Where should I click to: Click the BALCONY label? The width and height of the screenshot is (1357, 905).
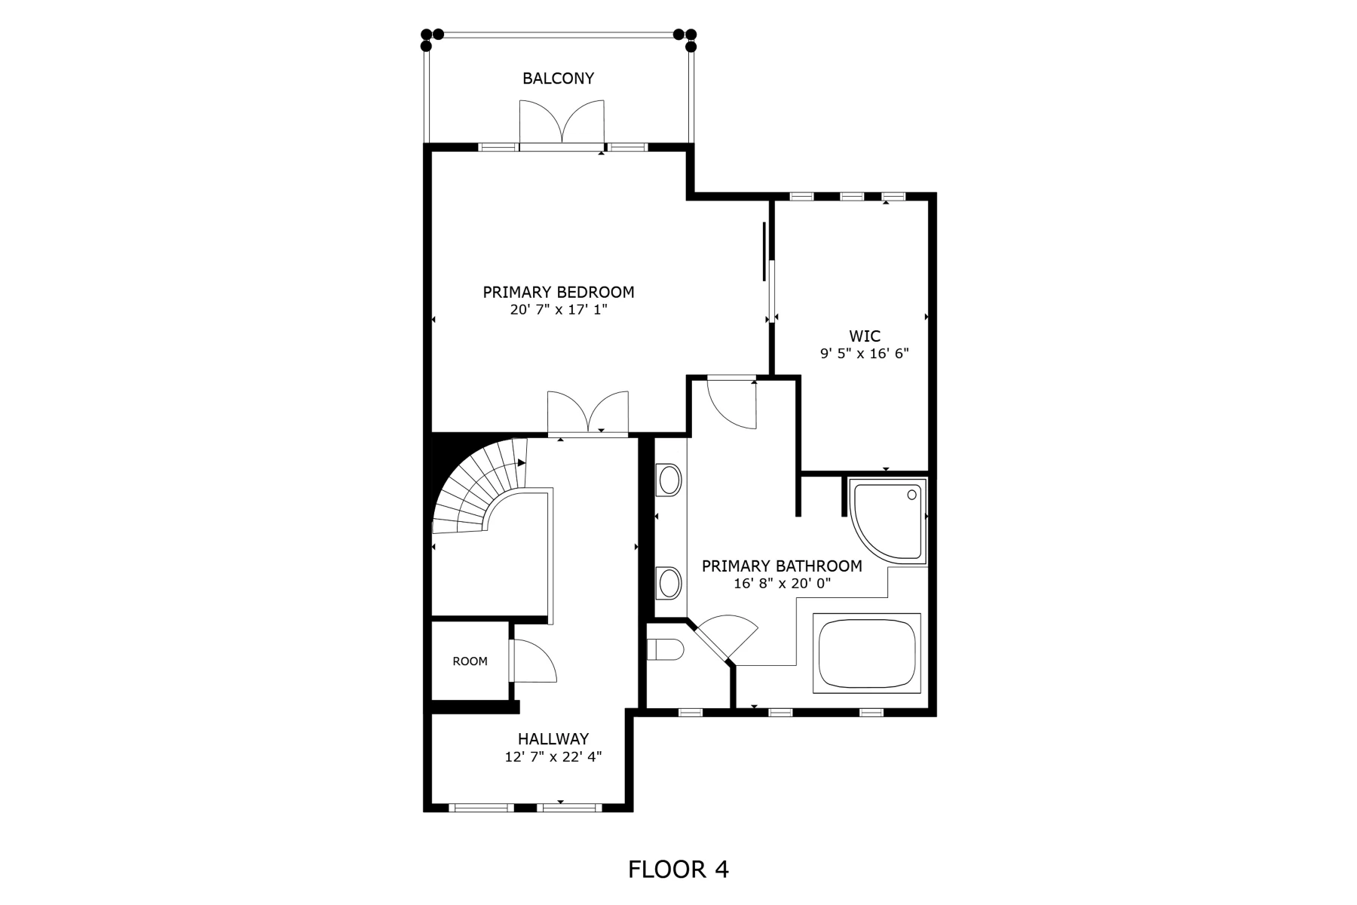coord(558,78)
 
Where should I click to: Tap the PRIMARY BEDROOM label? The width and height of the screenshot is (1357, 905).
coord(558,292)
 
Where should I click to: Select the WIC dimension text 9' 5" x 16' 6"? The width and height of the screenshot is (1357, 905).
coord(864,352)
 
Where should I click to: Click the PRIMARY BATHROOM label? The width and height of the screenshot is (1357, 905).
coord(782,566)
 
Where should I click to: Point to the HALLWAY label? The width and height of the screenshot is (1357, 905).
coord(553,739)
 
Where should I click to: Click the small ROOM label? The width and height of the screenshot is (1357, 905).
coord(470,661)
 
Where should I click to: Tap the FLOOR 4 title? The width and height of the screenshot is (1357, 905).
coord(678,870)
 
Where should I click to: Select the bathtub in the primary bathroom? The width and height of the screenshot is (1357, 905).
coord(867,653)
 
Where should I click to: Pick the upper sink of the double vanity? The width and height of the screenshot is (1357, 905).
coord(669,480)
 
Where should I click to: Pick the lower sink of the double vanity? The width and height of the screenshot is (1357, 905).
coord(669,583)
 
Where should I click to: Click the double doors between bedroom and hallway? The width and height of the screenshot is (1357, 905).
coord(588,413)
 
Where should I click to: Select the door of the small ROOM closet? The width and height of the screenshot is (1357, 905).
coord(532,661)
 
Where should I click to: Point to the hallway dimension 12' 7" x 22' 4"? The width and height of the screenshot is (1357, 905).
coord(553,756)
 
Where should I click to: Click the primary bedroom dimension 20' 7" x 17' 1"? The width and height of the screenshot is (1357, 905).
coord(558,309)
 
